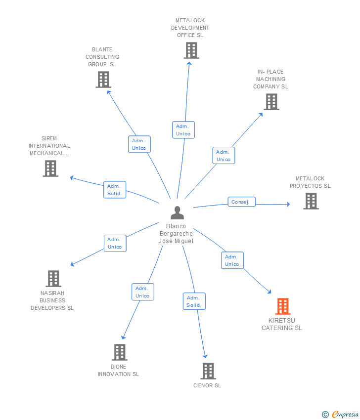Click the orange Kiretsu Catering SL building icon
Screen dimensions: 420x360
282,306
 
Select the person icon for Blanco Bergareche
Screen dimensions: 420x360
177,212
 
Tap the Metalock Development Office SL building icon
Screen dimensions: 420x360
191,50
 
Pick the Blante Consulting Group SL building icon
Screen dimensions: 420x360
103,80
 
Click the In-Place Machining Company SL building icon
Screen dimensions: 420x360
271,102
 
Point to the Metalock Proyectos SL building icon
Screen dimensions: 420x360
311,201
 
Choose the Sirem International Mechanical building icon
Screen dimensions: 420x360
50,168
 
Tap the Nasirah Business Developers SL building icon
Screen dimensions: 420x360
53,279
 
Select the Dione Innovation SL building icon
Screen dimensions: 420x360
119,352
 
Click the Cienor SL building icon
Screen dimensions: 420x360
208,371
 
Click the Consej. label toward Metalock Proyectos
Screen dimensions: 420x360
242,202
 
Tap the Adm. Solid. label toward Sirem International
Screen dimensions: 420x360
115,190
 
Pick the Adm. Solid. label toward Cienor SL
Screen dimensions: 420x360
194,301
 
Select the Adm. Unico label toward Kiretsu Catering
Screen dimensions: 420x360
232,260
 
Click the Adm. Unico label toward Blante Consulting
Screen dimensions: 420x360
139,144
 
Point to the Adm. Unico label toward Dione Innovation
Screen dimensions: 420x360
142,292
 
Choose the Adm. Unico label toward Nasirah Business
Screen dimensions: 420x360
115,243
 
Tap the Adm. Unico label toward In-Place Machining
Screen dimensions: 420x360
224,156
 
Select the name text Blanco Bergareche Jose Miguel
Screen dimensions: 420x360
176,233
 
